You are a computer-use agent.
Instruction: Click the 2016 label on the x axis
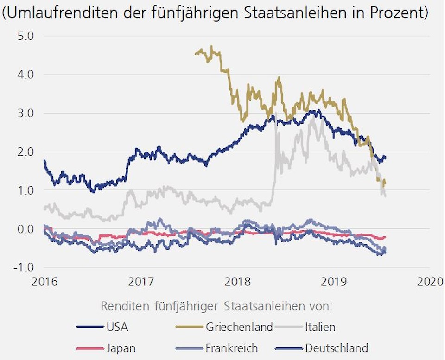tap(45, 281)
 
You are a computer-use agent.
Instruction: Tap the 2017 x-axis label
tap(141, 281)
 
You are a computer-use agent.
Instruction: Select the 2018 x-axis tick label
tap(237, 281)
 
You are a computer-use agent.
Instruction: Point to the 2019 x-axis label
tap(334, 281)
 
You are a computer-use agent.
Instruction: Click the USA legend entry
tap(117, 327)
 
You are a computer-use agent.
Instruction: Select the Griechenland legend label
tap(239, 327)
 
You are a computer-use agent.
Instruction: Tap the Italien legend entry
tap(320, 327)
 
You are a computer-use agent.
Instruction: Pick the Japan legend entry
tap(121, 348)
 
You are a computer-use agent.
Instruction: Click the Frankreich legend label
tap(232, 348)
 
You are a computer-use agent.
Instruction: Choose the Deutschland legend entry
tap(337, 348)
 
